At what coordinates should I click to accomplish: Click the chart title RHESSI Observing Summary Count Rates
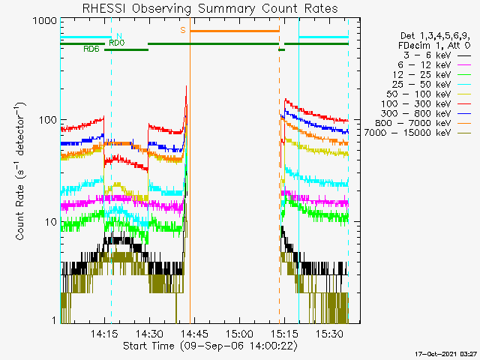point(210,8)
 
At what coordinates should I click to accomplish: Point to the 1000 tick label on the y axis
point(45,21)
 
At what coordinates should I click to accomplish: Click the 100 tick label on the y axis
point(48,120)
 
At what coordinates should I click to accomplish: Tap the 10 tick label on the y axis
point(51,222)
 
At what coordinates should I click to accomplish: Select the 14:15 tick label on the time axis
point(104,334)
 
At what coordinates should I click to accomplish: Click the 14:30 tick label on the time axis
point(149,334)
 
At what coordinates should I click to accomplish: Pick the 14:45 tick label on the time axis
point(195,334)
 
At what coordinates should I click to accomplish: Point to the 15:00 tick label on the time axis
point(239,334)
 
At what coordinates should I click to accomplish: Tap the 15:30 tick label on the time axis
point(329,334)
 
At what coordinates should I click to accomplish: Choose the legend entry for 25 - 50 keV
point(432,85)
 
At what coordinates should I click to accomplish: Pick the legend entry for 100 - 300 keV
point(426,104)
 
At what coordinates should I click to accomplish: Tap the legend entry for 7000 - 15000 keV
point(418,133)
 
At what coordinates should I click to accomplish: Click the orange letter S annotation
point(183,30)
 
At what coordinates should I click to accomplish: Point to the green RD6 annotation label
point(91,49)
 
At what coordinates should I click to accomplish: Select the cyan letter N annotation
point(119,36)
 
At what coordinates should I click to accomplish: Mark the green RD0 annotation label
point(117,43)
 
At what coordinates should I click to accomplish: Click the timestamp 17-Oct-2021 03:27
point(446,354)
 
